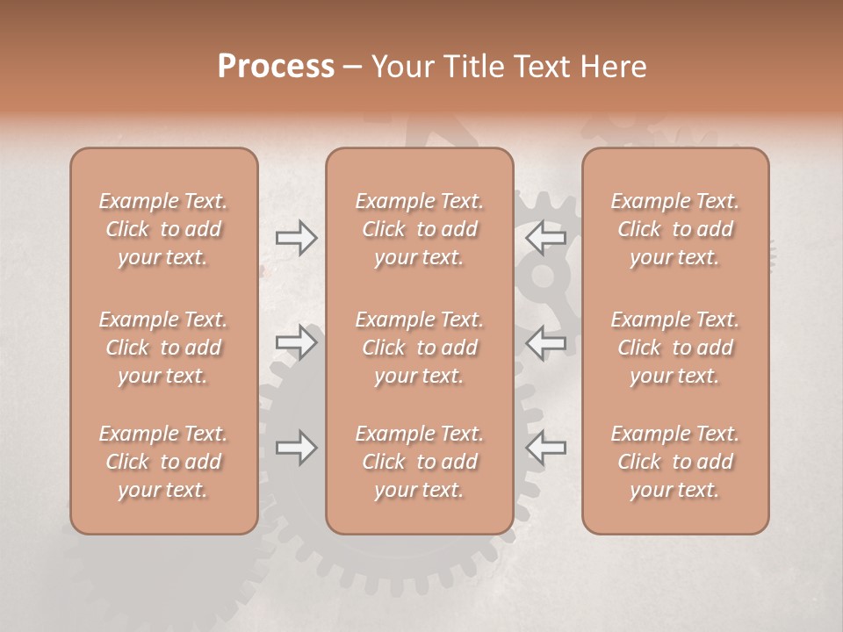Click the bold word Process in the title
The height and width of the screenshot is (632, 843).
pos(276,67)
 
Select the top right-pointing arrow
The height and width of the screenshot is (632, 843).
pos(296,238)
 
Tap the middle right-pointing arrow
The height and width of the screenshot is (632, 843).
pos(296,341)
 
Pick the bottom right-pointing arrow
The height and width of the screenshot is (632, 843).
pos(296,448)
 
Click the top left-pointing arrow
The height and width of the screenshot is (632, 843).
pos(545,238)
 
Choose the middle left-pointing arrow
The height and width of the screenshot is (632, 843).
pos(545,341)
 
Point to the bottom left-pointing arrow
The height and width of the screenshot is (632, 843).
pos(545,448)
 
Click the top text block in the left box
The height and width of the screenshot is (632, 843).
pos(163,229)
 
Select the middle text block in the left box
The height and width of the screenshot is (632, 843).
pos(163,348)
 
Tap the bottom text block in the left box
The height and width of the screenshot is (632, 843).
pos(163,462)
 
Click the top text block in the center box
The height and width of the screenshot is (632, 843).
pos(420,229)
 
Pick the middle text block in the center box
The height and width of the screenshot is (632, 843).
pos(420,348)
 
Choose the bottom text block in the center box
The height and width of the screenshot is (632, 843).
pos(420,462)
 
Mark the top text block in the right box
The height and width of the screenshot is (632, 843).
pos(675,229)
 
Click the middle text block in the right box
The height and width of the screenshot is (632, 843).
pos(675,348)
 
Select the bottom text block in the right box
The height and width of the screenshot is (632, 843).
pos(675,462)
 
